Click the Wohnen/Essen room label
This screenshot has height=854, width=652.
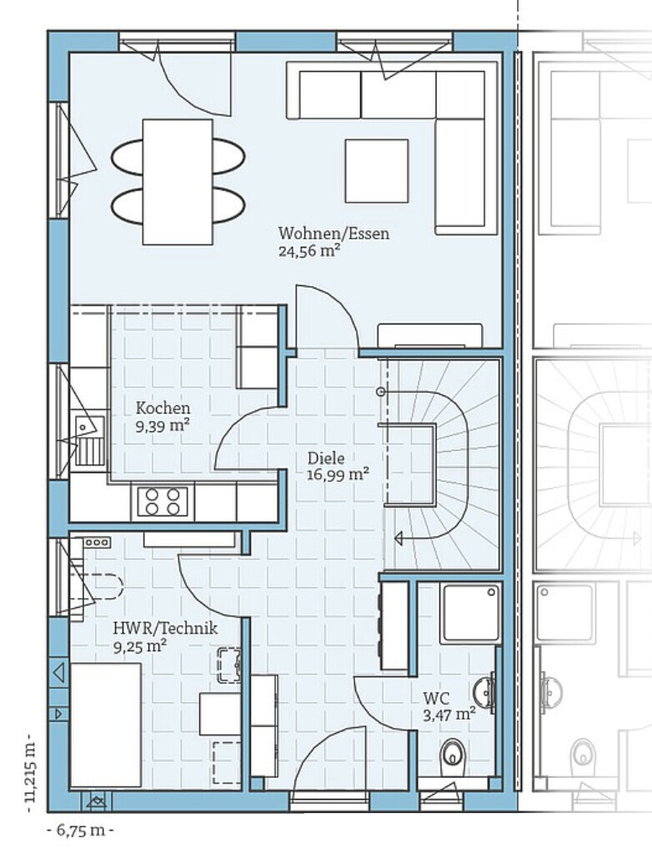point(334,234)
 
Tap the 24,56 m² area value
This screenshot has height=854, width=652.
point(309,251)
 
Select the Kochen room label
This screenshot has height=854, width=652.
point(163,408)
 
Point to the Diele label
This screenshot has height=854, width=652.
point(326,458)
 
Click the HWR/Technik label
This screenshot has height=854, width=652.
point(165,629)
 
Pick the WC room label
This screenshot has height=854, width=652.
point(437,698)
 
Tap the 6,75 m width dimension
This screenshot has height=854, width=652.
point(81,831)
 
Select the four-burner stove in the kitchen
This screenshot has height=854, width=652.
point(163,501)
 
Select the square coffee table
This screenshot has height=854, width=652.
point(376,171)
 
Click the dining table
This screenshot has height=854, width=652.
point(178,182)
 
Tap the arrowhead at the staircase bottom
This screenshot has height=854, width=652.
point(399,540)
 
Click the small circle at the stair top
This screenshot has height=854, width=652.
point(381,392)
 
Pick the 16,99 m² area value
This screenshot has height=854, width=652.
point(338,475)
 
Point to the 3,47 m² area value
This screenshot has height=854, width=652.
point(449,715)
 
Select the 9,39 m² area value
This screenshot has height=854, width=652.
point(163,425)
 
